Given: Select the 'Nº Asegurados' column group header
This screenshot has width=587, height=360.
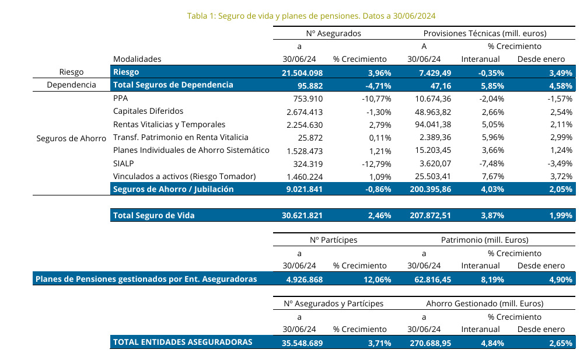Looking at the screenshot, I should (333, 33).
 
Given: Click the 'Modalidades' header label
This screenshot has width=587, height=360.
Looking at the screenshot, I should (137, 59).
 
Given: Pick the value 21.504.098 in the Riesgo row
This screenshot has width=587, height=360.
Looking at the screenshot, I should (302, 72).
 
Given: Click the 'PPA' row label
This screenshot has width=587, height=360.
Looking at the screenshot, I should (120, 99).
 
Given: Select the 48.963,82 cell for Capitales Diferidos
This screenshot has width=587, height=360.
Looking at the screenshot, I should (429, 111).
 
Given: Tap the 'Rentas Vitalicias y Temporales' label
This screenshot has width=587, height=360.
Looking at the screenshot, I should (169, 124).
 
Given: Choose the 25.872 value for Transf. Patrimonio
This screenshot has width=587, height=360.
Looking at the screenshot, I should (310, 137).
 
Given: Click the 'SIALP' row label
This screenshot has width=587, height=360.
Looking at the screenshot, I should (124, 163).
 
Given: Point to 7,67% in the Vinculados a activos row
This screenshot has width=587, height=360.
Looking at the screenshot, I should (489, 176).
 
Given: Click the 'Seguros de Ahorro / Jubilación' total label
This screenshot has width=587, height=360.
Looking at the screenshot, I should (173, 189).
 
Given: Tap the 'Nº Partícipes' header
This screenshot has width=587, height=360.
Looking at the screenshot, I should (333, 240).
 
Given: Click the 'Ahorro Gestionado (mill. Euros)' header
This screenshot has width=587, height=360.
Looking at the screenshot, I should (485, 303).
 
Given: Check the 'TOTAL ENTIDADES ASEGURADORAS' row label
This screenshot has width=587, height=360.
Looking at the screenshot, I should (183, 342).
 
